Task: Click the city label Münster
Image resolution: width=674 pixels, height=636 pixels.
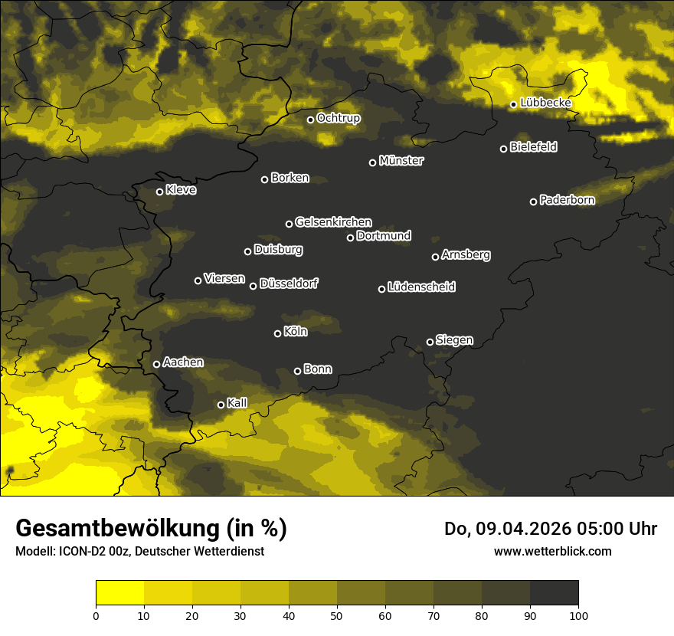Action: click(x=401, y=161)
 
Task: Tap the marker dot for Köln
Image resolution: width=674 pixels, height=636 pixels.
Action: click(x=277, y=333)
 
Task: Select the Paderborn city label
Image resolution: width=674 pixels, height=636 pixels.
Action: click(x=567, y=200)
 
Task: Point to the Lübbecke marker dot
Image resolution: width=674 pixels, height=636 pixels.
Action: click(x=513, y=104)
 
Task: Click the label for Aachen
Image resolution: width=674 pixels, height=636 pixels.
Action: click(x=183, y=362)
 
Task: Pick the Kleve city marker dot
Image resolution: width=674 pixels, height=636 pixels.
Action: click(x=159, y=192)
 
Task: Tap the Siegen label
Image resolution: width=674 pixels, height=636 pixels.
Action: click(x=454, y=339)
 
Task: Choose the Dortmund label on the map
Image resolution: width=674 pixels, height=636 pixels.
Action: click(x=384, y=236)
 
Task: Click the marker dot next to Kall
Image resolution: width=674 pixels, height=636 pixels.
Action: click(x=221, y=405)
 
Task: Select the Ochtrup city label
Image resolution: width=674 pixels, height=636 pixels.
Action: click(x=338, y=118)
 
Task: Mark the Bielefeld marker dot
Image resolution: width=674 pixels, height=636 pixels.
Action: click(x=503, y=149)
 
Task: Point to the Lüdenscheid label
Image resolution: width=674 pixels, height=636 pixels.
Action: click(x=421, y=287)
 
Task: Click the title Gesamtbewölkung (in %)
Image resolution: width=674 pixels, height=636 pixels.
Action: click(x=151, y=529)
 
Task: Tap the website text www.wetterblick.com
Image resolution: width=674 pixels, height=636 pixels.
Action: click(x=552, y=551)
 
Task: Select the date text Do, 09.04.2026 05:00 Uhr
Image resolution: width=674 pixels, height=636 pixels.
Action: click(x=550, y=529)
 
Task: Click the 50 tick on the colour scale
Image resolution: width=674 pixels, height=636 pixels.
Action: click(x=337, y=615)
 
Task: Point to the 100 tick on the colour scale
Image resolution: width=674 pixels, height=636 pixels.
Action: click(x=578, y=615)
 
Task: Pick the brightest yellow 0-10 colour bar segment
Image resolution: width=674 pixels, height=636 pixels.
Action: click(x=119, y=592)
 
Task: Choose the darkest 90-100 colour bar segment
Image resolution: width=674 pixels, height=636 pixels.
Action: click(x=554, y=592)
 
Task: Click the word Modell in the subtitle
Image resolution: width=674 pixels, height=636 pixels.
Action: click(x=34, y=551)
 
